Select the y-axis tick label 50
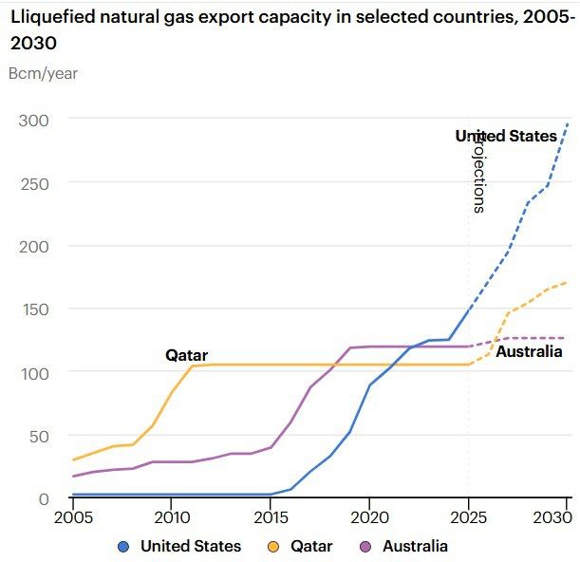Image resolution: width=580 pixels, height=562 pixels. coord(37,436)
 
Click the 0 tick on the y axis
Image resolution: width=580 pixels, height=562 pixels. coord(43,498)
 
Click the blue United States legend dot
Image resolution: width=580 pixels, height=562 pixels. coord(123,546)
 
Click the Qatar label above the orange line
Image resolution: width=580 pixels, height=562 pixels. coord(186,355)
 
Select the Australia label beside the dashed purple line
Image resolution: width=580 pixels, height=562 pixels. coord(529,351)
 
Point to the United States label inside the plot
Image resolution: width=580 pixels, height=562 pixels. coord(506,136)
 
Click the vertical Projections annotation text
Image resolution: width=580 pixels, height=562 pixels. coord(479,173)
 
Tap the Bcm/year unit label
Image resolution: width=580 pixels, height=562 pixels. coord(43,73)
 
